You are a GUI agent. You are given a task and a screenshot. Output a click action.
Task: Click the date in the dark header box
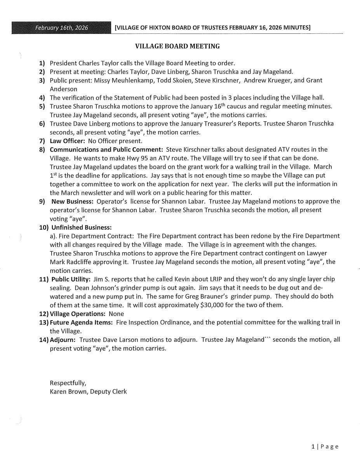coord(62,28)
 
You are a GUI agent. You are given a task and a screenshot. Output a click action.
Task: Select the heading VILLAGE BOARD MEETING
coord(177,46)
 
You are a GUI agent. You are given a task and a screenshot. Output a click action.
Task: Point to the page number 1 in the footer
coord(313,447)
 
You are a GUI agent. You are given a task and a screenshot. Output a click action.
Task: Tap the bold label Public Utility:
coord(70,279)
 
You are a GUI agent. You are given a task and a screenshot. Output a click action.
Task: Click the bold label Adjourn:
coord(63,340)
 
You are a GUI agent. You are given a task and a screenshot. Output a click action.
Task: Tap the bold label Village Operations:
coord(78,314)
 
